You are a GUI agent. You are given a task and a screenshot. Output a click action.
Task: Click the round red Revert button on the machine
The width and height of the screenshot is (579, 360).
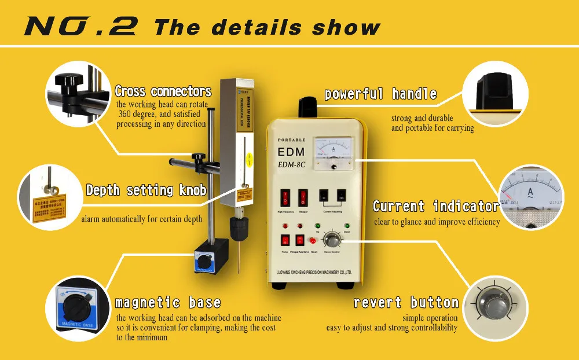point(312,240)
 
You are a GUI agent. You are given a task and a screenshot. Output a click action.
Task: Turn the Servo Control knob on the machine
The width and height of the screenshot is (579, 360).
point(332,238)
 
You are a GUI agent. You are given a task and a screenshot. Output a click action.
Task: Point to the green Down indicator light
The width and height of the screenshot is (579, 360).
point(347,226)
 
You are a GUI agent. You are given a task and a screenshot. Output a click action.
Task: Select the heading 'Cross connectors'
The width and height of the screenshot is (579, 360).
point(163,91)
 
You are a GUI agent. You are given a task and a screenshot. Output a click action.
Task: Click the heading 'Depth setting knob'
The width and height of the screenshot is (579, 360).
point(146,190)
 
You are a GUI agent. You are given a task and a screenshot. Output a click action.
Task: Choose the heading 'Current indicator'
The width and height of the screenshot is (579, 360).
point(435,207)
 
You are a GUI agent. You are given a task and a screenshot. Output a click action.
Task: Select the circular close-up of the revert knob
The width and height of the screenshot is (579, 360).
point(496,303)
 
